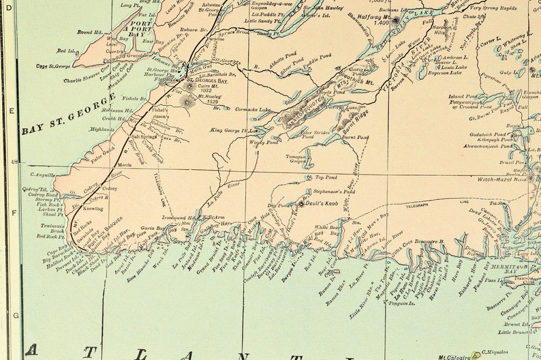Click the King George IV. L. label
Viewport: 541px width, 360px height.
(234, 130)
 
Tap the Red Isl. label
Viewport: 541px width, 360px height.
(66, 50)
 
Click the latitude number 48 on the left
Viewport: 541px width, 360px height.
(14, 162)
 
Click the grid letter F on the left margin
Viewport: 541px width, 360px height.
(14, 212)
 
